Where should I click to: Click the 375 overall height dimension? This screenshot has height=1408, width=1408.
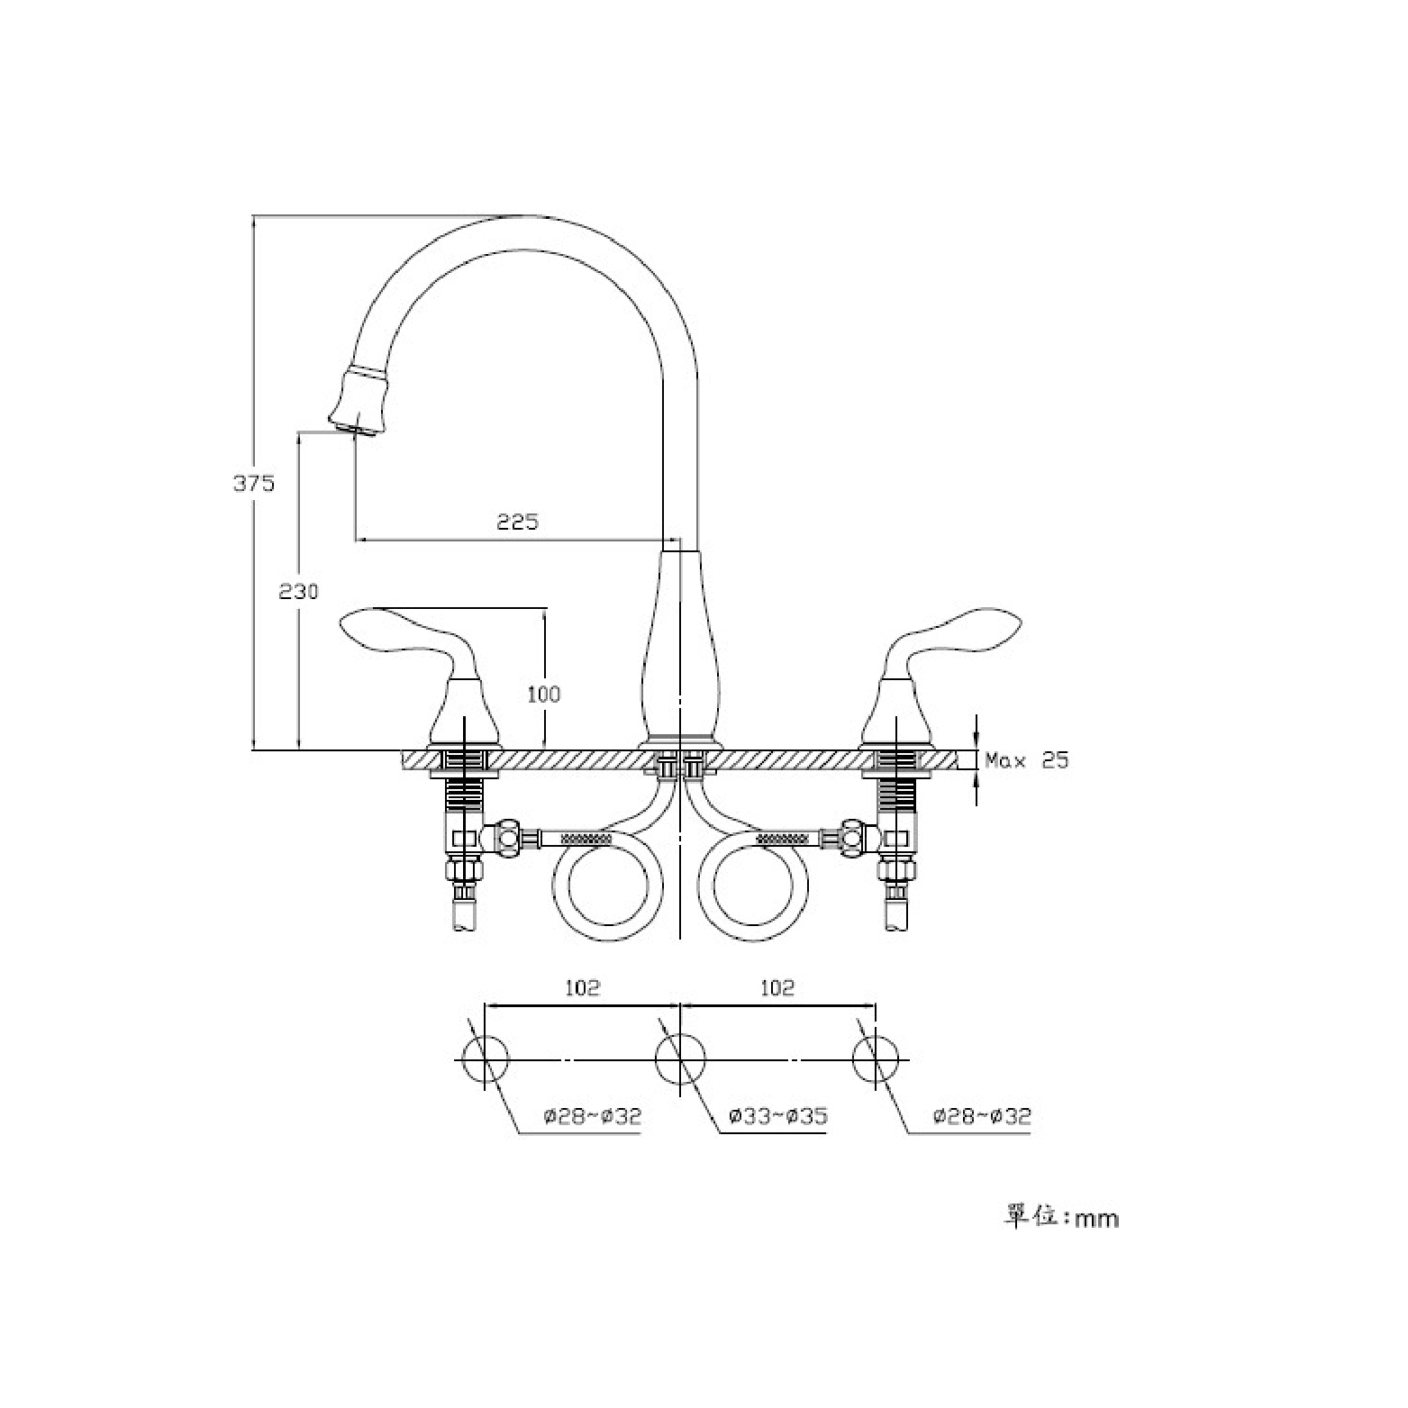pos(254,483)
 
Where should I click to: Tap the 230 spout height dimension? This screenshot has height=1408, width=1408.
pos(298,592)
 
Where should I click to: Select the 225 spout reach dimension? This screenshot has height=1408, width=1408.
pos(518,522)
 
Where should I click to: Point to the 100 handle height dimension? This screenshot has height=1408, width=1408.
pos(543,694)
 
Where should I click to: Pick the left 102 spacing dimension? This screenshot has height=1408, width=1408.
pos(582,987)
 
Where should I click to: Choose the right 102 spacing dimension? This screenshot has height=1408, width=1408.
pos(777,987)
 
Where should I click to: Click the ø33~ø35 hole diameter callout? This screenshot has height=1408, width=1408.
pos(778,1117)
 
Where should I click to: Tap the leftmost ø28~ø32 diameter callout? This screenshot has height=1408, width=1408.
pos(592,1117)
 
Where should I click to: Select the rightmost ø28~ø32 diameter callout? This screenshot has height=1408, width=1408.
pos(982,1117)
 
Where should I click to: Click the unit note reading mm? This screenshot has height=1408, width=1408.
pos(1062,1217)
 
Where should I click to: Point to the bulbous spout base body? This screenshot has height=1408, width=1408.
pos(680,644)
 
